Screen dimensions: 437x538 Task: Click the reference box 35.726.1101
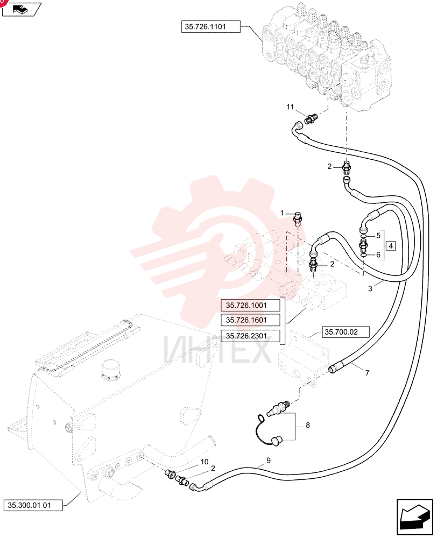tap(211, 27)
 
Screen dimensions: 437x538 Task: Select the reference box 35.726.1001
tap(250, 305)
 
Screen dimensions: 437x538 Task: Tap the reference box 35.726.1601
tap(250, 320)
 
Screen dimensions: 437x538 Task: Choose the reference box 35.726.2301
tap(250, 336)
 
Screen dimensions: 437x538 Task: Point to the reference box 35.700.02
tap(341, 332)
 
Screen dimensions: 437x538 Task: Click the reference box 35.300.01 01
tap(33, 505)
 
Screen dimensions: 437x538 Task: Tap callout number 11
tap(290, 107)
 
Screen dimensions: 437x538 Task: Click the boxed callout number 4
tap(391, 246)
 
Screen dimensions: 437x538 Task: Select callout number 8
tap(308, 426)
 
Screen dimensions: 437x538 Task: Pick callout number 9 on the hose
tap(269, 460)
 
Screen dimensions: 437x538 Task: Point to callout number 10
tap(205, 462)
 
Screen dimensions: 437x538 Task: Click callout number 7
tap(368, 373)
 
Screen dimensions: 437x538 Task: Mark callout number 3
tap(370, 288)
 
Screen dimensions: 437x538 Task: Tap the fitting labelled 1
tap(298, 218)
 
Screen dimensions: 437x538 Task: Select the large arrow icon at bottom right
tap(414, 517)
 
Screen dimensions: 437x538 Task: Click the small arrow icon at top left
tap(22, 9)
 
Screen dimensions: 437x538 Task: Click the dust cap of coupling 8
tap(276, 440)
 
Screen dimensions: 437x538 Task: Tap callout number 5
tap(378, 236)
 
